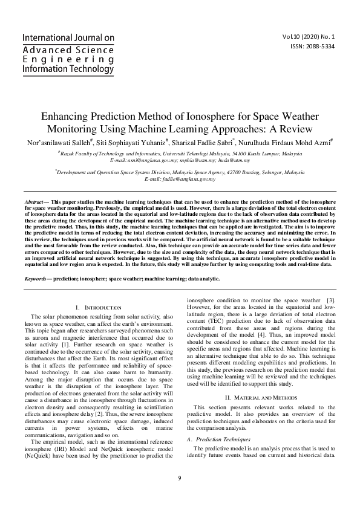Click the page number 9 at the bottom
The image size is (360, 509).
[180, 479]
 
